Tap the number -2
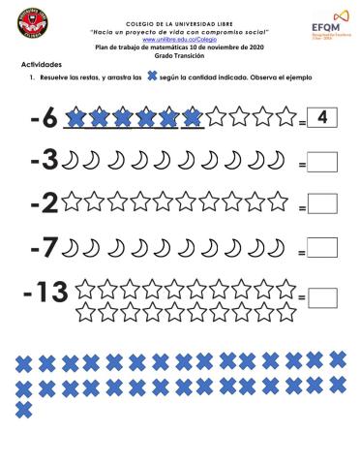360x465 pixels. click(44, 203)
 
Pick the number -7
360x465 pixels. click(44, 248)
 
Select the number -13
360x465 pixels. click(47, 292)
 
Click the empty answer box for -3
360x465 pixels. click(321, 164)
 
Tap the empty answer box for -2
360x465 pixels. click(321, 205)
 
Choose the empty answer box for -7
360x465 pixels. click(321, 250)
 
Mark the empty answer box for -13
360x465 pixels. click(321, 295)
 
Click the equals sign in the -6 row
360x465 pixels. click(302, 123)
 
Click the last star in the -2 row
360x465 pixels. click(277, 202)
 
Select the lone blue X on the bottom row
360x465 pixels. click(24, 410)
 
